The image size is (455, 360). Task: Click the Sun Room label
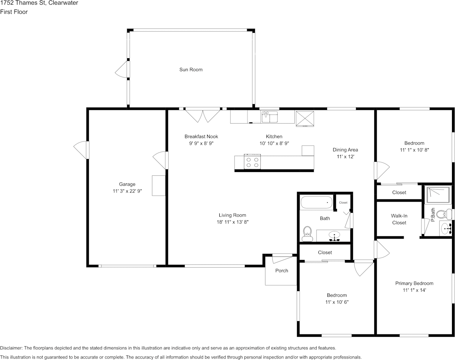click(191, 70)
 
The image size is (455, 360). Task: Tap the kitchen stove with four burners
click(252, 162)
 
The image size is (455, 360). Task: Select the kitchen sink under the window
click(270, 117)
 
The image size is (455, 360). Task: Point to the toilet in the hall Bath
click(307, 233)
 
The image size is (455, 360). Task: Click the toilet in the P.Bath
click(442, 214)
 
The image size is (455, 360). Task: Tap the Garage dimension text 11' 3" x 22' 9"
click(127, 191)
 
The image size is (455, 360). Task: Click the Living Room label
click(232, 215)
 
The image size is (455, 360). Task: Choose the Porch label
click(282, 271)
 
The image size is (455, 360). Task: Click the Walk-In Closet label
click(399, 219)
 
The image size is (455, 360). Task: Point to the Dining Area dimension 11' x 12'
click(345, 156)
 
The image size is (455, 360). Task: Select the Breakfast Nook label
click(201, 137)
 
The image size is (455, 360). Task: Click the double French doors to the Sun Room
click(203, 115)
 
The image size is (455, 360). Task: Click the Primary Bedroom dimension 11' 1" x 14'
click(414, 290)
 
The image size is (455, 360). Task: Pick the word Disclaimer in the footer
click(11, 348)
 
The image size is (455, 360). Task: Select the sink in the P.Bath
click(445, 229)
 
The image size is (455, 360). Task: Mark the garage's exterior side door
click(81, 150)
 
